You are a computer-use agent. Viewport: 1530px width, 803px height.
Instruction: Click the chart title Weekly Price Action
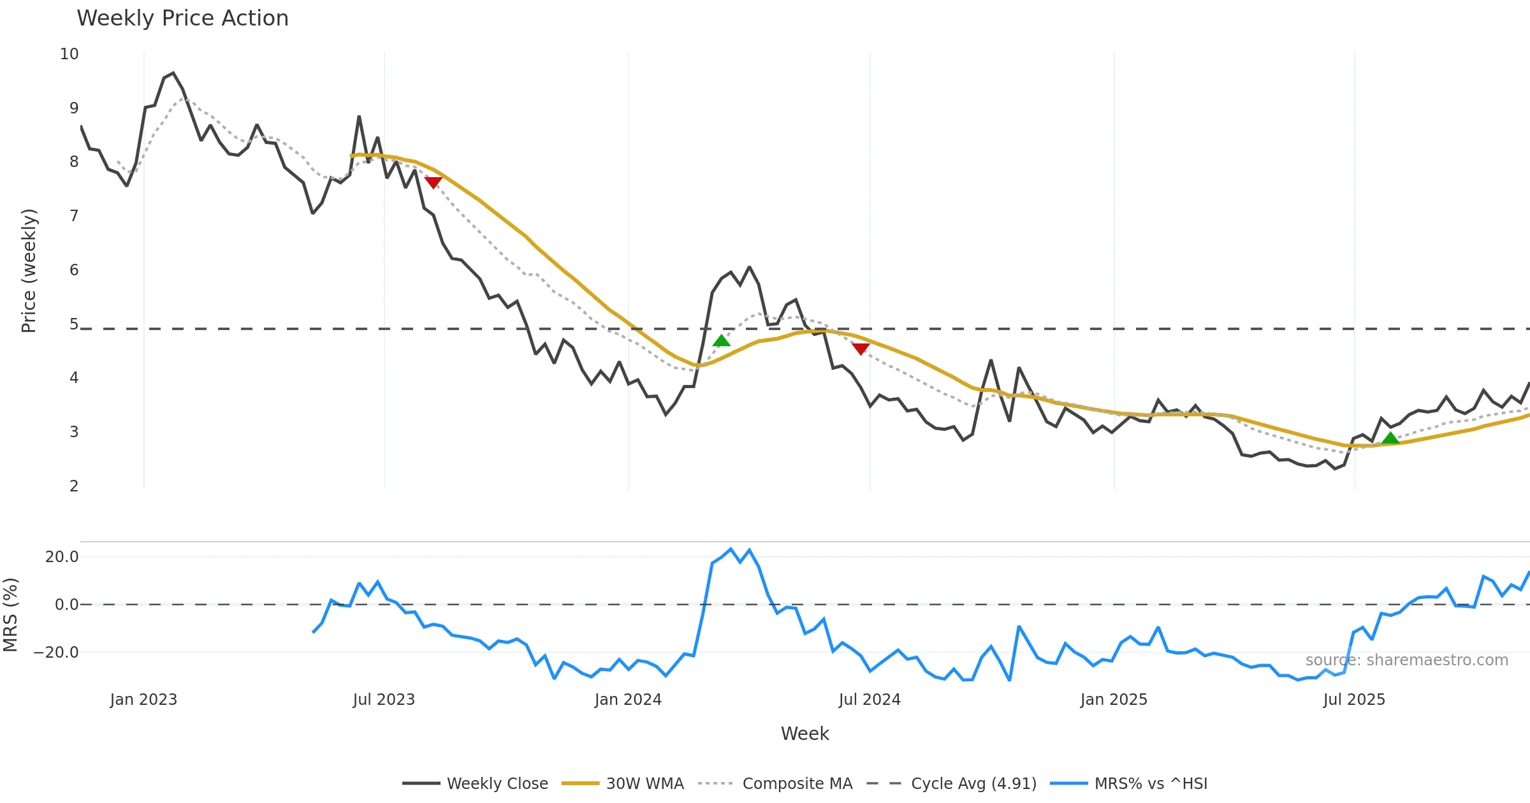point(182,18)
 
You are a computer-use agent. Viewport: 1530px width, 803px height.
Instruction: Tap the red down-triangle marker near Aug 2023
point(433,183)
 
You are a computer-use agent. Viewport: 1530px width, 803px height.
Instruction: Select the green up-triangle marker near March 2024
point(721,341)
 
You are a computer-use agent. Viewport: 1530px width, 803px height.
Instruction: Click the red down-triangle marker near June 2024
point(861,349)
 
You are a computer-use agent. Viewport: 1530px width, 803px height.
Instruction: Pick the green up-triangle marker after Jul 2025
point(1390,438)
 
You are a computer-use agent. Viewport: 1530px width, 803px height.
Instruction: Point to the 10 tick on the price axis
point(69,54)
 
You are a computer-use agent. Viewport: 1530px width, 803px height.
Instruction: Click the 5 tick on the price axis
point(74,324)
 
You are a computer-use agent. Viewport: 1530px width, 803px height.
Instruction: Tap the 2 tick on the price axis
point(74,486)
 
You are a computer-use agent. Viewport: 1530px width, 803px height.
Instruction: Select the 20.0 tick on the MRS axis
point(62,557)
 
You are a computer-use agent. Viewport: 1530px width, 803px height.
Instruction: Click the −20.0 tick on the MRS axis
point(57,653)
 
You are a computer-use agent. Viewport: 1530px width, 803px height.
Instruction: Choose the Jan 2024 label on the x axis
point(628,700)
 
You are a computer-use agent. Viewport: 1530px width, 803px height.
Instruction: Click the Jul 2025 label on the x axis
point(1354,700)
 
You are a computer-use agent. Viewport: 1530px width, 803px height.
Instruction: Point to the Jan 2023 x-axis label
point(143,700)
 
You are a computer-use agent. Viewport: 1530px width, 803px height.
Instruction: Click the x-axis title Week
point(805,734)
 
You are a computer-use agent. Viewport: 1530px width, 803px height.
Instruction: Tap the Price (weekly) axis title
point(29,271)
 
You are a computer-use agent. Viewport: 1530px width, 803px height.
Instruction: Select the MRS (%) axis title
point(11,615)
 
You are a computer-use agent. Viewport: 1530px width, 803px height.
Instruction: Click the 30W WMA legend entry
point(645,784)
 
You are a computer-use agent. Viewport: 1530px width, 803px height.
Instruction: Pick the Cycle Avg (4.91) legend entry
point(973,784)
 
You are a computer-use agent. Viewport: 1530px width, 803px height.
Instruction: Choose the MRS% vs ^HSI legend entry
point(1151,784)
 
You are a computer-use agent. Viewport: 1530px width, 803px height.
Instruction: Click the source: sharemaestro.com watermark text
point(1406,660)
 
